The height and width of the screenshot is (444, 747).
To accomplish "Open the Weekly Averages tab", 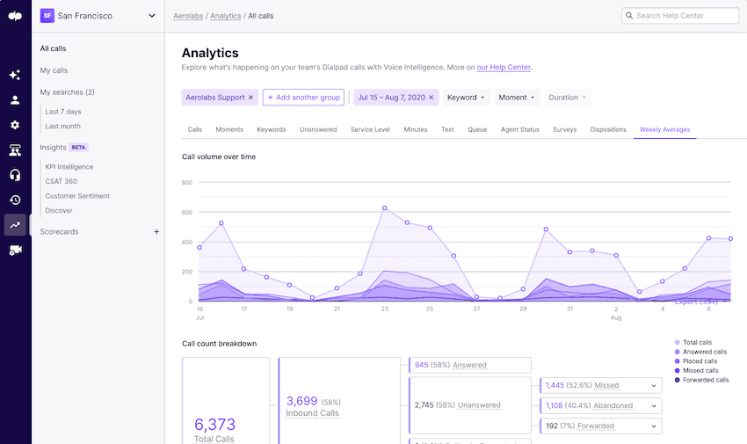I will [664, 129].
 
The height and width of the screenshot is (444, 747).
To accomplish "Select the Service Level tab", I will [370, 129].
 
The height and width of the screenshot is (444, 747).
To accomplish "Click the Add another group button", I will [303, 98].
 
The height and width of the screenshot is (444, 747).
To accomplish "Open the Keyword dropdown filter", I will [466, 98].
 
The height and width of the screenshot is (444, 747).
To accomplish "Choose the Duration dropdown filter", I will [568, 98].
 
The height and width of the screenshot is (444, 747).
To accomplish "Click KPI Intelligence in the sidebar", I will [69, 166].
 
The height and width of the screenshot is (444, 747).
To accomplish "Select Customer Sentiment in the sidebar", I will [77, 196].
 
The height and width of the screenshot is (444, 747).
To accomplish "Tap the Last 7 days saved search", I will [63, 112].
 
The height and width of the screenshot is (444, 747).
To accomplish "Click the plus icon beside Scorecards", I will [156, 232].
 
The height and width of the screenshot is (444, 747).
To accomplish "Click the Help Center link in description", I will [504, 67].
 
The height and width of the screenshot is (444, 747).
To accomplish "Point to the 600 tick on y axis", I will [186, 212].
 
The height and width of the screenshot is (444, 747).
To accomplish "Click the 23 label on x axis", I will [385, 309].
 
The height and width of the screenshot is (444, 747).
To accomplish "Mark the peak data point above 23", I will [385, 208].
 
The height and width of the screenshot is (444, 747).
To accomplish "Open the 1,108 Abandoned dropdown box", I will [600, 405].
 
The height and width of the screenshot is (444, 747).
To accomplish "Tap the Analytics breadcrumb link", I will [226, 16].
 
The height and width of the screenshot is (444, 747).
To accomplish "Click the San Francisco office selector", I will [98, 16].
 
